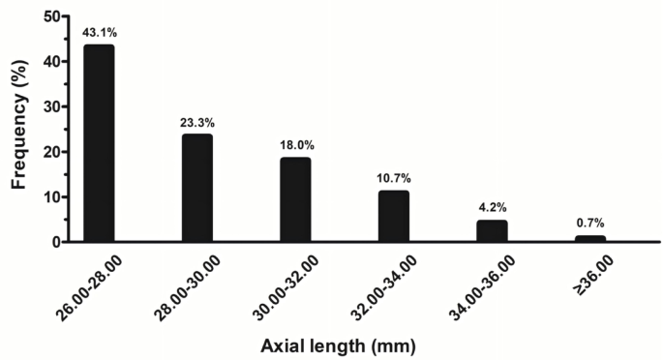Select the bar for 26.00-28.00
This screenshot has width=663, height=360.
(99, 143)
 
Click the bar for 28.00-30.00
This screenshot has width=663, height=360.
(196, 188)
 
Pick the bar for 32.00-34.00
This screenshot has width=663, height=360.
(393, 216)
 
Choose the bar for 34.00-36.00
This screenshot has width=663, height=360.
(492, 230)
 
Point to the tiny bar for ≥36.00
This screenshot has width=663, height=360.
(589, 238)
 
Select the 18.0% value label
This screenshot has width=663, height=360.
(295, 145)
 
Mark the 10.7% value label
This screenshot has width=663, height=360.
(393, 177)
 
